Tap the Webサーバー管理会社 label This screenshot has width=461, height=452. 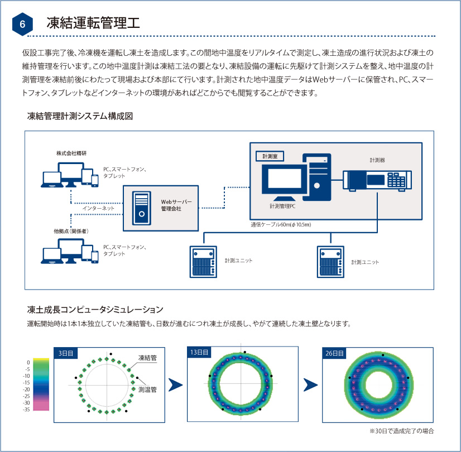tap(176, 204)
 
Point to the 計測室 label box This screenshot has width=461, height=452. tap(269, 156)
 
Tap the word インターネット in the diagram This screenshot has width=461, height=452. tap(99, 208)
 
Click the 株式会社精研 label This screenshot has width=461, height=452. tap(71, 153)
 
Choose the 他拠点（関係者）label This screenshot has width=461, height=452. tap(71, 230)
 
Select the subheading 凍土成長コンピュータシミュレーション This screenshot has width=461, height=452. tap(95, 309)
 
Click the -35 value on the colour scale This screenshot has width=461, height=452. tap(26, 409)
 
